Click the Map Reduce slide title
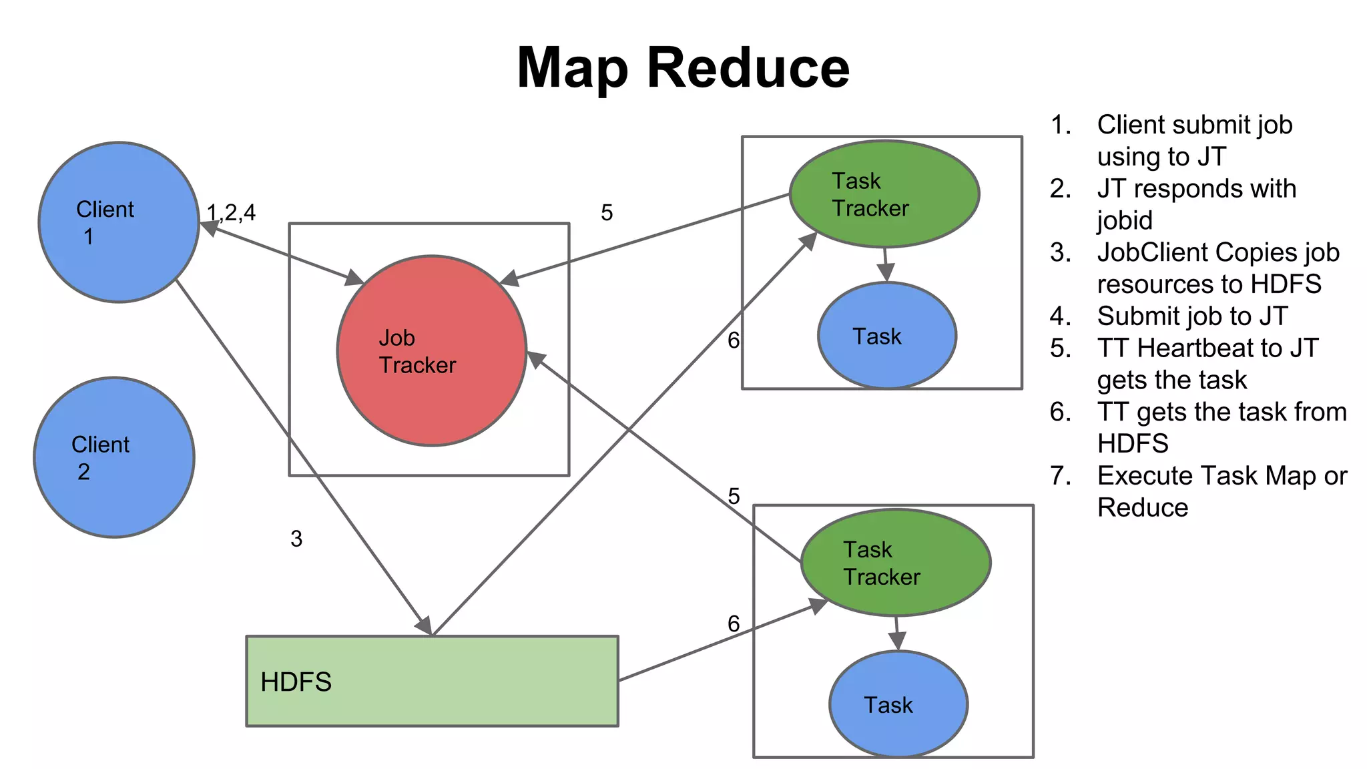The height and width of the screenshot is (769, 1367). pos(683,68)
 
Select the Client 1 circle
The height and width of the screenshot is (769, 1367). pos(119,222)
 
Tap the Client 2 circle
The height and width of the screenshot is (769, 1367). pos(114,457)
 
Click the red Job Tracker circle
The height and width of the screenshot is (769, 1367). pos(432,350)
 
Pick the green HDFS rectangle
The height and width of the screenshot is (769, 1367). pos(432,681)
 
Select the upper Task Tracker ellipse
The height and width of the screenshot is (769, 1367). pos(884,194)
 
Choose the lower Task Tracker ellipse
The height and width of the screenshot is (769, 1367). pos(896,562)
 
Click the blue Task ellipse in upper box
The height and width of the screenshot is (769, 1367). pos(887,336)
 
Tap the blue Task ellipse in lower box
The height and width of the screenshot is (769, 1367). pos(898,704)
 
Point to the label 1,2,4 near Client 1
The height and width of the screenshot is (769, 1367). pos(231,213)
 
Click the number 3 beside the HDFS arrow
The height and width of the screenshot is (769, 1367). pos(296,539)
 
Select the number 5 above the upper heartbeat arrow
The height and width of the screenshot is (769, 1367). pos(606,213)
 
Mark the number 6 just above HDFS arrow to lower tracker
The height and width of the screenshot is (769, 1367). pos(734,623)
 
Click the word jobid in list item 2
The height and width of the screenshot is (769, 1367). pos(1125,220)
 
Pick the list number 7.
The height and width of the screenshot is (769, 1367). pos(1059,475)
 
